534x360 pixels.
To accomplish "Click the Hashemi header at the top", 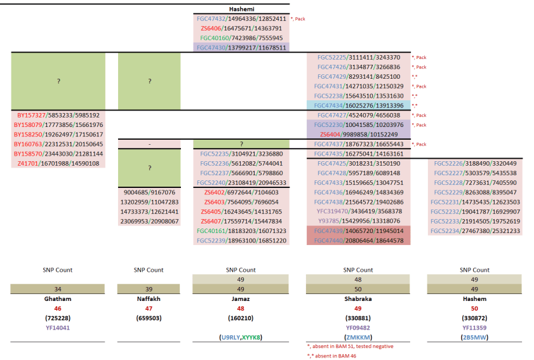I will coord(241,9).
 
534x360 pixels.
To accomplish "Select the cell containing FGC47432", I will coord(241,19).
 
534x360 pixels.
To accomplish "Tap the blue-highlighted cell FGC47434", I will coord(359,105).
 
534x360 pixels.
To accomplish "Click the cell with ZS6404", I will coord(359,134).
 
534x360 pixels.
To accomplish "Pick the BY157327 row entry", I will coord(58,116).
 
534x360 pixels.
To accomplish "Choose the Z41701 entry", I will coord(58,163).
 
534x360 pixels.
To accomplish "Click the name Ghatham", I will coord(58,298).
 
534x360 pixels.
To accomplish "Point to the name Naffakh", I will coord(149,298).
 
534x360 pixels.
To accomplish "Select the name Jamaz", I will coord(241,298).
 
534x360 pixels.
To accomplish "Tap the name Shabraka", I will coord(359,298).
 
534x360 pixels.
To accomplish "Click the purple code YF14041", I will coord(58,328).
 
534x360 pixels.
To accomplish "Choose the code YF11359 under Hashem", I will coord(475,328).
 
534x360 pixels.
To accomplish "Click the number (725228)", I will coord(58,317).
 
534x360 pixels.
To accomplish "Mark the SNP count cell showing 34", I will coord(58,289).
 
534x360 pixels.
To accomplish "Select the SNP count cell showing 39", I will coord(149,289).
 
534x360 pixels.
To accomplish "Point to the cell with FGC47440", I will coord(359,241).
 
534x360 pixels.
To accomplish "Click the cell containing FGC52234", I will coord(475,231).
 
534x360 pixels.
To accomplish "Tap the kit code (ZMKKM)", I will coord(359,337).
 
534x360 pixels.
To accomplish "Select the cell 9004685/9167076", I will coord(149,192).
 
